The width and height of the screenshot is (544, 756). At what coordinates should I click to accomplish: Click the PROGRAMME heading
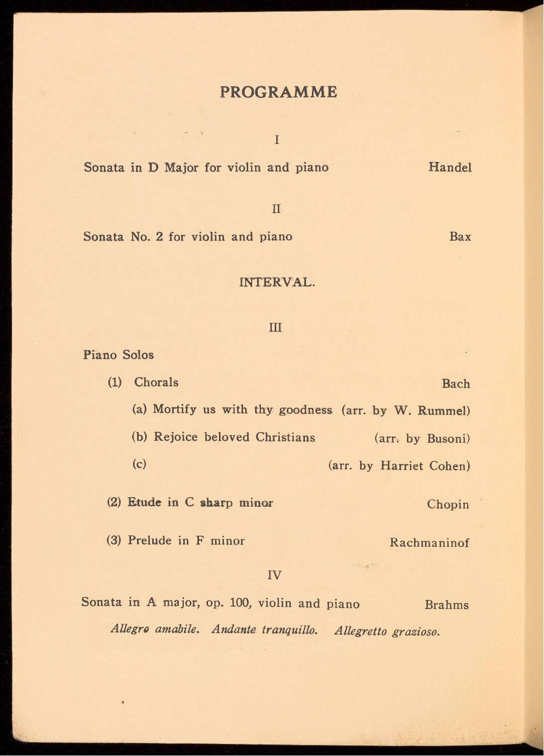click(278, 92)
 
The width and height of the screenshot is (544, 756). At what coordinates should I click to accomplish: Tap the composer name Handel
click(450, 168)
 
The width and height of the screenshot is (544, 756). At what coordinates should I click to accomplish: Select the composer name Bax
click(460, 237)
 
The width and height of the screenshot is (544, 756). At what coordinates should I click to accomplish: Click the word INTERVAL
click(277, 282)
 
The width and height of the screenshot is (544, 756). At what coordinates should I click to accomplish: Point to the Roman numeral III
click(276, 328)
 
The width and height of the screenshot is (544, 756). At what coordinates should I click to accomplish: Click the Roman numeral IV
click(274, 575)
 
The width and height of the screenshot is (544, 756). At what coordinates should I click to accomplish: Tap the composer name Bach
click(456, 384)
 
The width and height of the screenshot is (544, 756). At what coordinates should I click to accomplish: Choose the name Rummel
click(443, 411)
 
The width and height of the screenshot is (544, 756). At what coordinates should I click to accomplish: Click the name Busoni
click(448, 439)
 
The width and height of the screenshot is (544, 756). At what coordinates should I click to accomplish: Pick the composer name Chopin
click(448, 505)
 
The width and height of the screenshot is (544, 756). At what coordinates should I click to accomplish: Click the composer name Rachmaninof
click(429, 543)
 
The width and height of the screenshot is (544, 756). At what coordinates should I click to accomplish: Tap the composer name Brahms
click(446, 605)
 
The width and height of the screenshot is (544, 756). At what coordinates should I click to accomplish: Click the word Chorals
click(156, 383)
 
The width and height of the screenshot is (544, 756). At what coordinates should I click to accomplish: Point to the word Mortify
click(174, 410)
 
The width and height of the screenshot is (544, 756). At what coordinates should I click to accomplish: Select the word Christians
click(285, 437)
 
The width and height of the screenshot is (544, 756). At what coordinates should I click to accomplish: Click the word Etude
click(144, 503)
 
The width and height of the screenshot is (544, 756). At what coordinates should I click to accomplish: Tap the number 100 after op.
click(240, 602)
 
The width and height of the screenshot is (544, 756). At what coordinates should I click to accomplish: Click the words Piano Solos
click(119, 355)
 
